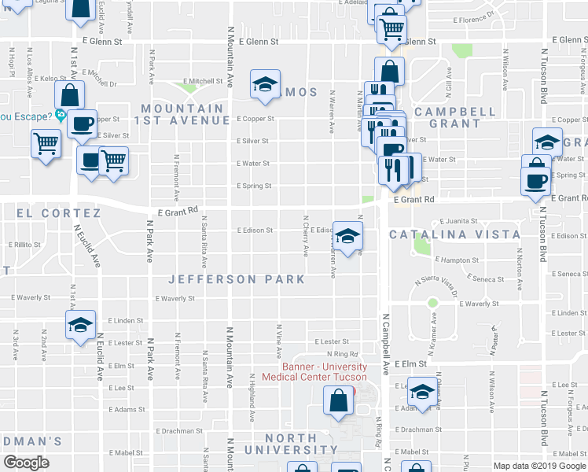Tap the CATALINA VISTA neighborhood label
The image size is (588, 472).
[454, 234]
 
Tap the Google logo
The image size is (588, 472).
[26, 462]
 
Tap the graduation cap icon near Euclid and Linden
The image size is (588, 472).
[80, 324]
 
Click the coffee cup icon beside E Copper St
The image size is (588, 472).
[82, 123]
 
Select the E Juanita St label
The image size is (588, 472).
[459, 222]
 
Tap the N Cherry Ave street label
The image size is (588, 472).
[306, 236]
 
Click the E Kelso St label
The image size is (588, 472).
[48, 79]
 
